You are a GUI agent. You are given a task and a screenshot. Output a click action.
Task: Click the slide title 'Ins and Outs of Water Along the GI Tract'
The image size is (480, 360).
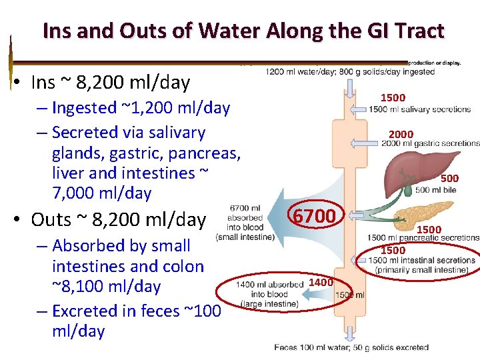pos(243,31)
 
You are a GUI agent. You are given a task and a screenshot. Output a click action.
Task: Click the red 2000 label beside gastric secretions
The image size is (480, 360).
pos(401,134)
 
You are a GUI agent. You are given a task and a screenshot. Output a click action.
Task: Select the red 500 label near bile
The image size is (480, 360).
pos(449,178)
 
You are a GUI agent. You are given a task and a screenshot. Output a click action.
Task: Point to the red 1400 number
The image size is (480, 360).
pos(321,283)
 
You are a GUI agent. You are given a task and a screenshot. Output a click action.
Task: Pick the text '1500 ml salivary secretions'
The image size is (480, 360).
pos(420,109)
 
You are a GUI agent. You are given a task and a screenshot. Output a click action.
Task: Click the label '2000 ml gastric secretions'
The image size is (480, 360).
pos(431,143)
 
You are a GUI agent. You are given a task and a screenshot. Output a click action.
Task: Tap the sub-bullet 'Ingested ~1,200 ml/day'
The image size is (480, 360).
pos(141,107)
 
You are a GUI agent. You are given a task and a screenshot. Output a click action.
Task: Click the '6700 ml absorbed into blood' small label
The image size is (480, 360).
pos(245,217)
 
